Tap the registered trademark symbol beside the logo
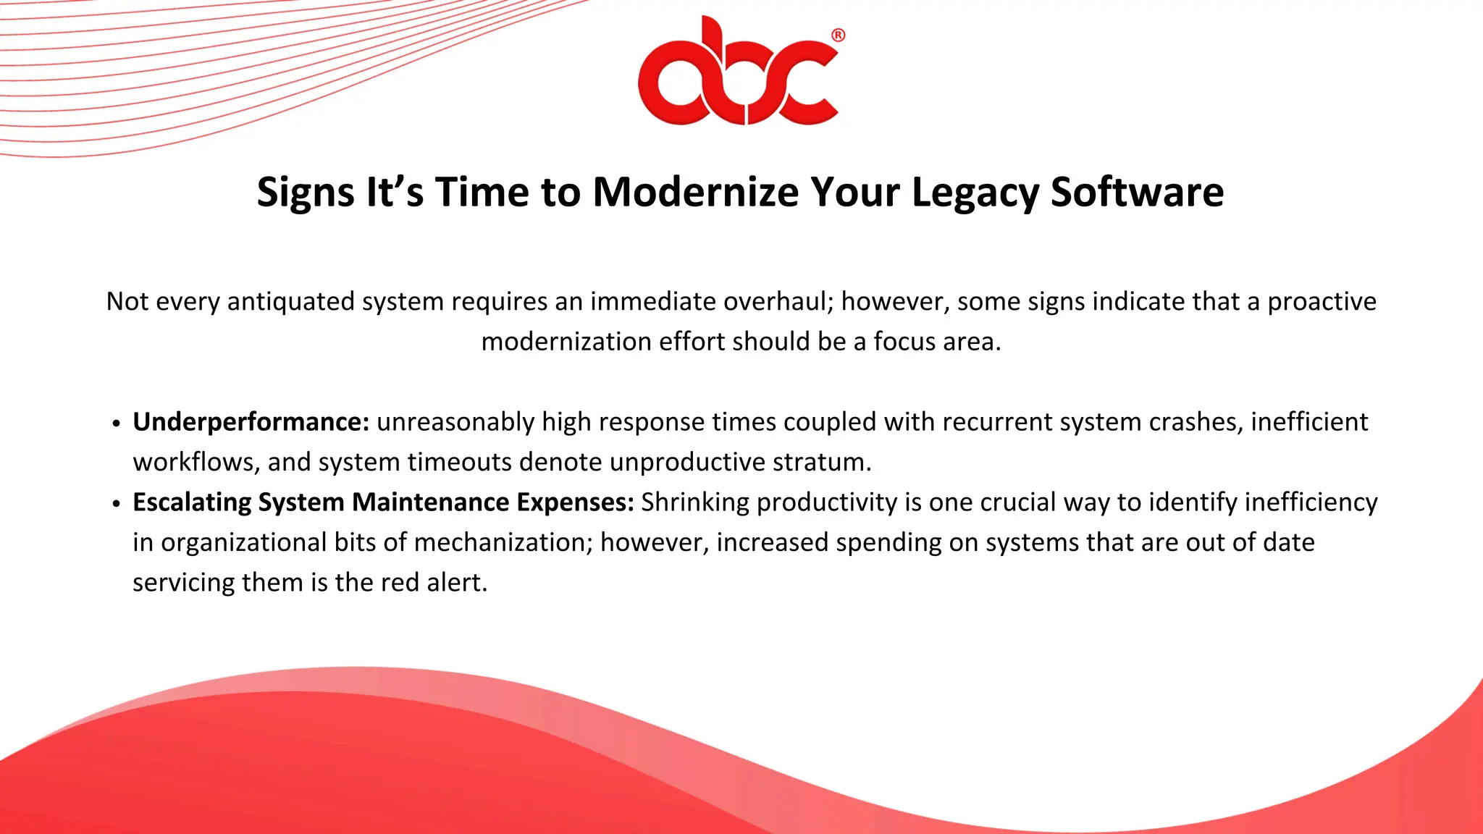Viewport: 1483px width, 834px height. [x=838, y=35]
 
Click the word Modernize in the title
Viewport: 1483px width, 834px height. [x=695, y=193]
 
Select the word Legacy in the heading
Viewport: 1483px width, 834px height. [x=975, y=193]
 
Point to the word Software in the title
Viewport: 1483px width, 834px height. [x=1137, y=193]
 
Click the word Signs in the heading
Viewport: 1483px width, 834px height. [x=306, y=193]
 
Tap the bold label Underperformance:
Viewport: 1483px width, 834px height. [x=251, y=422]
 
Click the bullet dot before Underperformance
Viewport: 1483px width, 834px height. [x=117, y=424]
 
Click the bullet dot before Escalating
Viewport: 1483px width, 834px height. [x=117, y=505]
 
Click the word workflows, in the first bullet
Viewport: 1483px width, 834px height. [x=196, y=462]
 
